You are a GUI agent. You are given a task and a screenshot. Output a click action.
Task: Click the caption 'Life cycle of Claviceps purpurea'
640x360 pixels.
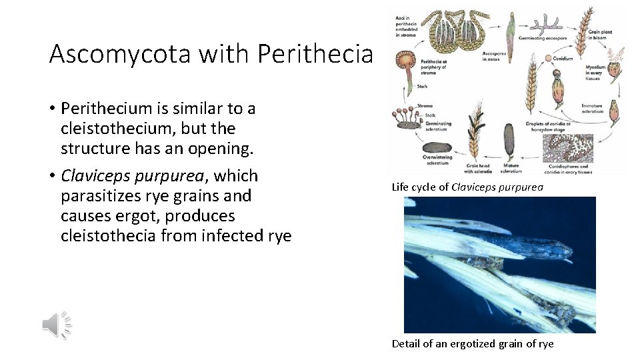(467, 187)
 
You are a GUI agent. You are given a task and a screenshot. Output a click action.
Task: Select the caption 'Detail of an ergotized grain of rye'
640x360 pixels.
(472, 344)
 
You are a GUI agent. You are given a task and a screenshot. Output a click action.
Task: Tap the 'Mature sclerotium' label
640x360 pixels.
(511, 168)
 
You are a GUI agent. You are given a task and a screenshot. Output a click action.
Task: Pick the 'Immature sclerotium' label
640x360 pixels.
(592, 108)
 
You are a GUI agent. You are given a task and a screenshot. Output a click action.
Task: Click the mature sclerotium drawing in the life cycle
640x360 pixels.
(509, 140)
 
